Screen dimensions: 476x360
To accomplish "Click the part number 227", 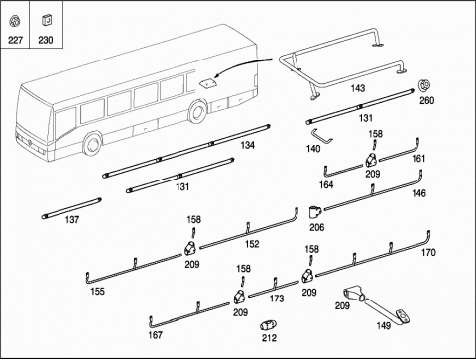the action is click(15, 40).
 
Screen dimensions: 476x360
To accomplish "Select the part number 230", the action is click(46, 40).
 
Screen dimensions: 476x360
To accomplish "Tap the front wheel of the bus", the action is click(92, 143).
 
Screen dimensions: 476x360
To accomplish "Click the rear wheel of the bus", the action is click(197, 111).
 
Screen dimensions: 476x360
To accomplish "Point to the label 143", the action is click(358, 88).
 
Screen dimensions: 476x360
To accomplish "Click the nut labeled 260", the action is click(424, 85).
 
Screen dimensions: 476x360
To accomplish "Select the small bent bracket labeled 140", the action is click(321, 136).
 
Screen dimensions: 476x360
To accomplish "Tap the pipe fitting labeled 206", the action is click(315, 212).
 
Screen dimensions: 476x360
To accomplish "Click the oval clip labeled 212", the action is click(268, 325).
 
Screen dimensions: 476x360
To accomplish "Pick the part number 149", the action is click(384, 326).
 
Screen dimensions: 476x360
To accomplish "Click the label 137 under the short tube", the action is click(72, 220).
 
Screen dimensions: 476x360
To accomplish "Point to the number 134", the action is click(248, 145).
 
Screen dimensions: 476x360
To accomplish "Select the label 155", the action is click(97, 292).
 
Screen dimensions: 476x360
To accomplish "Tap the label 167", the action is click(155, 335).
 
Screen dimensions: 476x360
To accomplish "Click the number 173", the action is click(277, 299).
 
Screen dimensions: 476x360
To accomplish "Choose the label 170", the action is click(428, 253).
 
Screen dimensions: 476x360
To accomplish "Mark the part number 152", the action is click(252, 244).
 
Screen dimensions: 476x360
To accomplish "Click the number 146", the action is click(418, 193).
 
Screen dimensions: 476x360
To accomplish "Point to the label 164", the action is click(326, 185).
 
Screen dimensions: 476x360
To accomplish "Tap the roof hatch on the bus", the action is click(207, 83).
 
